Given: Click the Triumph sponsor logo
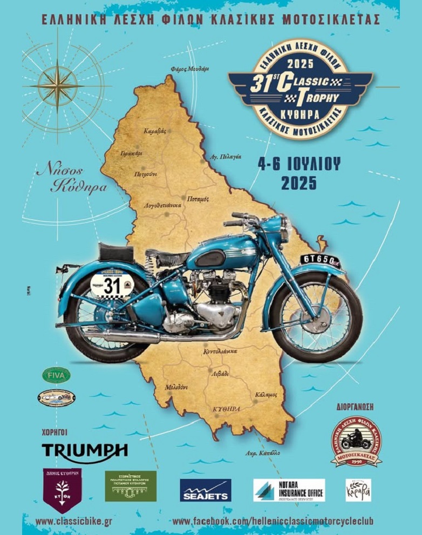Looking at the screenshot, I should pyautogui.click(x=85, y=450).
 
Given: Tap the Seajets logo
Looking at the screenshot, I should pyautogui.click(x=205, y=490).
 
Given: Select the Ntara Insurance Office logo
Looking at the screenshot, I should pyautogui.click(x=289, y=490).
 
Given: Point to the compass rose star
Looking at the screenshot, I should pyautogui.click(x=57, y=85).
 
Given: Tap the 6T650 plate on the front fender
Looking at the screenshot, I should pyautogui.click(x=321, y=260).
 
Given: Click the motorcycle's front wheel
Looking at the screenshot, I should pyautogui.click(x=316, y=317).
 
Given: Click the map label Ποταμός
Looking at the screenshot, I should pyautogui.click(x=198, y=199).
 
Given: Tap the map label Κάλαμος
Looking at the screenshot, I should pyautogui.click(x=267, y=395).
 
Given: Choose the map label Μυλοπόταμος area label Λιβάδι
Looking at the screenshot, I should pyautogui.click(x=220, y=374).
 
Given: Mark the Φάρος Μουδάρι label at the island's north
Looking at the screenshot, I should pyautogui.click(x=189, y=69).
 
